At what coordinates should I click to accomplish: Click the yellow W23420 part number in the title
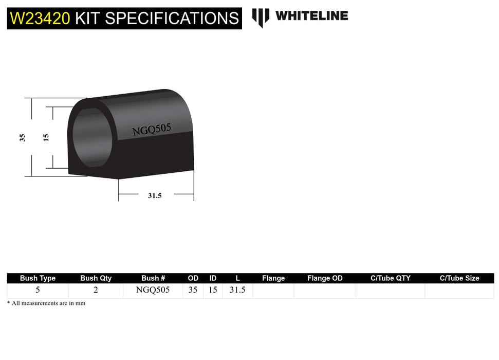pos(40,19)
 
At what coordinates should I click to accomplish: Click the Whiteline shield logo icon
pos(261,17)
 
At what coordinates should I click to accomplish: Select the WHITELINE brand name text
pos(311,16)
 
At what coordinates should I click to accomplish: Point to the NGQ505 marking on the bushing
pos(152,129)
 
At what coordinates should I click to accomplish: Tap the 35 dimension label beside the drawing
pos(22,137)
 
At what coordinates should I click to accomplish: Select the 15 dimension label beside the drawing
pos(46,137)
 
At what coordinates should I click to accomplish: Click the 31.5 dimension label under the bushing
pos(155,195)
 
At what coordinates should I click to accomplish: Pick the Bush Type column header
pos(38,278)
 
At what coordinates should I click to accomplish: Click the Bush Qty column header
pos(96,278)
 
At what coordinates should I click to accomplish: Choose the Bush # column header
pos(153,278)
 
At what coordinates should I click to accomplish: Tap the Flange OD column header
pos(325,278)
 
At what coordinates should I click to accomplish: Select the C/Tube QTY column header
pos(391,278)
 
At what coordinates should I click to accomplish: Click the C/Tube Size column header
pos(459,278)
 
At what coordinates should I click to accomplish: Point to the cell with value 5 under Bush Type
pos(38,290)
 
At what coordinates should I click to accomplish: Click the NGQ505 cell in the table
pos(153,290)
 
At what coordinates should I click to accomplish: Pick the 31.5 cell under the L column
pos(237,290)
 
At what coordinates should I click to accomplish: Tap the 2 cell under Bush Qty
pos(96,290)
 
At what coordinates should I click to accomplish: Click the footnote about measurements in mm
pos(46,303)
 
